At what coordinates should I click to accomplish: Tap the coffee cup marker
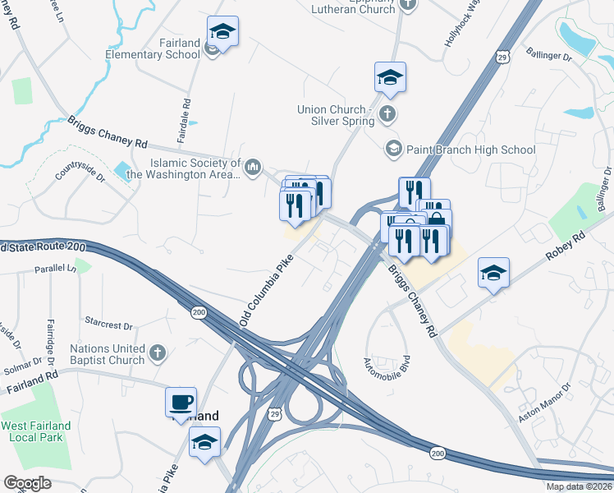pos(181,403)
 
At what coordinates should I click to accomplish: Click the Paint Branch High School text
pos(470,150)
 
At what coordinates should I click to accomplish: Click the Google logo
pos(27,482)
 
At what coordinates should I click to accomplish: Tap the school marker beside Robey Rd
pos(493,274)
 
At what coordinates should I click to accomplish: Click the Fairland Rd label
pos(33,379)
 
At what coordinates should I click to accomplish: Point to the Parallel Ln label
pos(54,269)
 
